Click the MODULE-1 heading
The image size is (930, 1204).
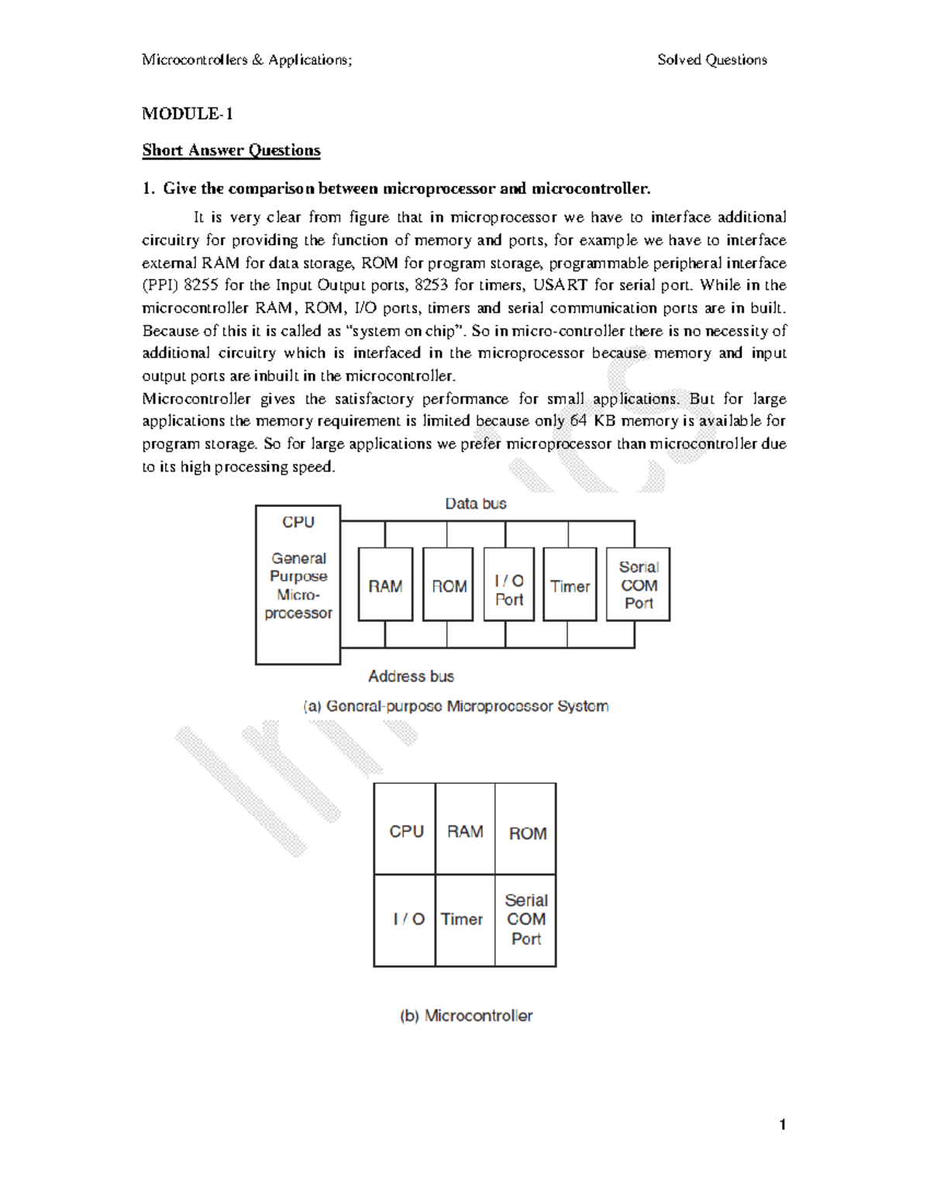pyautogui.click(x=187, y=114)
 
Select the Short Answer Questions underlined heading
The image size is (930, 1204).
pyautogui.click(x=231, y=150)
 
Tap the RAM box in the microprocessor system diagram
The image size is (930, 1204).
pyautogui.click(x=385, y=585)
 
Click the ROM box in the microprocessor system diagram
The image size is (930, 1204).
pyautogui.click(x=448, y=585)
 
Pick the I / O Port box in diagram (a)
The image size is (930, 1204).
pyautogui.click(x=508, y=585)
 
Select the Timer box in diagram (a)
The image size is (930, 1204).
pyautogui.click(x=570, y=585)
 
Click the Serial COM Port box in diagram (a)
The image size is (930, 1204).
pyautogui.click(x=639, y=585)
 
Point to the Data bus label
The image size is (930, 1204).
pyautogui.click(x=475, y=504)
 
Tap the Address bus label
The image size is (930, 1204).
pyautogui.click(x=411, y=676)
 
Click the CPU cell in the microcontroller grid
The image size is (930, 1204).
pyautogui.click(x=405, y=830)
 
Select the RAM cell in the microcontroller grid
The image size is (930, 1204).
pyautogui.click(x=465, y=830)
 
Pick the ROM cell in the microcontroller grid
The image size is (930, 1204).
pyautogui.click(x=527, y=832)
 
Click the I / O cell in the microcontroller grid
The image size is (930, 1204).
pyautogui.click(x=408, y=919)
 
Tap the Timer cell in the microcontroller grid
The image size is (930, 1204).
pyautogui.click(x=463, y=919)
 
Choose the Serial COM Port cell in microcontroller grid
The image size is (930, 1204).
pyautogui.click(x=526, y=919)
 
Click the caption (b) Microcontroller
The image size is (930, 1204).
pyautogui.click(x=466, y=1016)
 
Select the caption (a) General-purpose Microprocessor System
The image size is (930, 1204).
pyautogui.click(x=455, y=706)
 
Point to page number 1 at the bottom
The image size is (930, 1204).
pyautogui.click(x=783, y=1125)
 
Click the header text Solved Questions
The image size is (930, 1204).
pyautogui.click(x=711, y=60)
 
